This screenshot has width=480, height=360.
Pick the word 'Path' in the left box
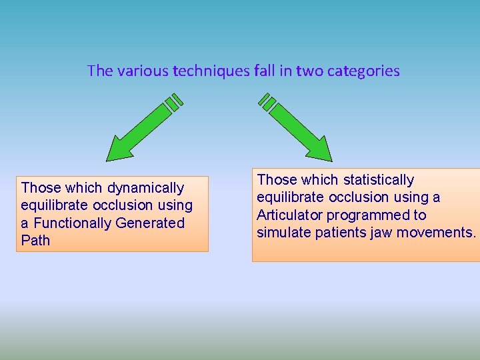pyautogui.click(x=35, y=240)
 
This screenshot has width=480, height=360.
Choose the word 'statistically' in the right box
pyautogui.click(x=379, y=180)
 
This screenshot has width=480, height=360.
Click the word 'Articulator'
pyautogui.click(x=290, y=215)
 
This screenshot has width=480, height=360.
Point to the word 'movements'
pyautogui.click(x=437, y=232)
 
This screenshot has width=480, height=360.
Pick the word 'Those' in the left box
pyautogui.click(x=41, y=188)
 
